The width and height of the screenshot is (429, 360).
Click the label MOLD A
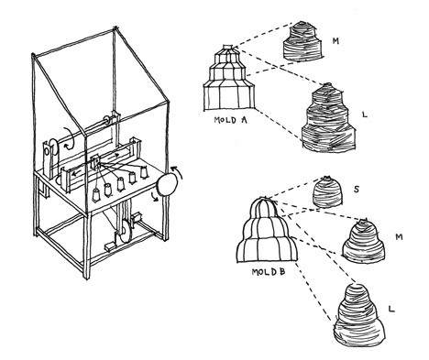230,120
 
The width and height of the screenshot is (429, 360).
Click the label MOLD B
269,271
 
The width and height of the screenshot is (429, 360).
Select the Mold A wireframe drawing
229,77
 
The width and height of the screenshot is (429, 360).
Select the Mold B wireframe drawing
267,229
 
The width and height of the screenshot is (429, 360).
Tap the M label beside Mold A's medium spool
335,41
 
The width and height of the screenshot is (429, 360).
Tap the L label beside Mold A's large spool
364,115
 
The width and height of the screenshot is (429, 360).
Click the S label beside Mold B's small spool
356,190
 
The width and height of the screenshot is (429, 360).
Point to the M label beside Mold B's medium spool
399,236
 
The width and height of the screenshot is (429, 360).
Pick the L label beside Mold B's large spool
391,309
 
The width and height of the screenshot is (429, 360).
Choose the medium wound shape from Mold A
302,40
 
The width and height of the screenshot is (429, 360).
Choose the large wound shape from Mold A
328,117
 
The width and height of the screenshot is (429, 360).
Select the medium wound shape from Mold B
363,240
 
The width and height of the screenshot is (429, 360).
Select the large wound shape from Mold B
358,315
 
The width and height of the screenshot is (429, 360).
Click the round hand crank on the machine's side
167,184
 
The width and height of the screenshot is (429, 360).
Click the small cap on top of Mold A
228,47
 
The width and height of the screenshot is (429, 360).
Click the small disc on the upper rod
107,120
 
